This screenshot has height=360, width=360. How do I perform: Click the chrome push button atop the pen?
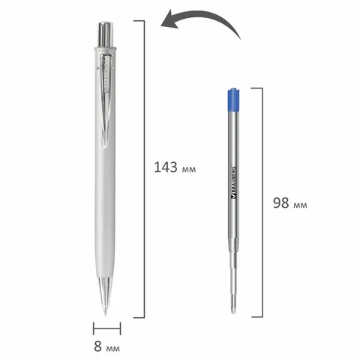click(105, 34)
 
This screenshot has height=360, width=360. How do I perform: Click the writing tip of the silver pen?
click(106, 313)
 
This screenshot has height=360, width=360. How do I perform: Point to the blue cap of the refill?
click(234, 100)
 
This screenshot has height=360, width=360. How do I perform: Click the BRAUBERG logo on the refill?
click(234, 183)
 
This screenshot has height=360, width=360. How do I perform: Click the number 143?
click(166, 167)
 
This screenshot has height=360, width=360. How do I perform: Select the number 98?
click(281, 202)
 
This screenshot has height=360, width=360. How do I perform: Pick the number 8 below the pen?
click(98, 346)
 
